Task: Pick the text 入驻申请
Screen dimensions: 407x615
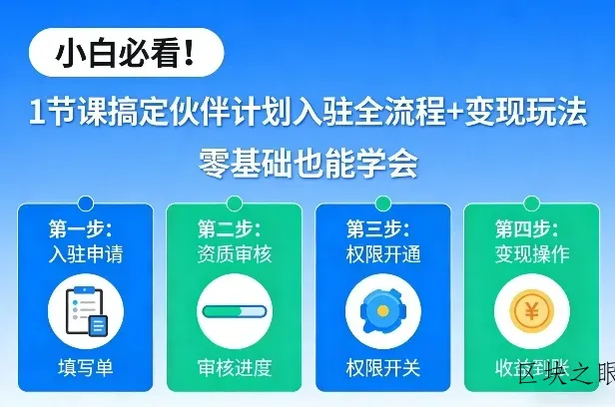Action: pyautogui.click(x=86, y=253)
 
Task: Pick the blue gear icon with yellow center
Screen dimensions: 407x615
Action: pyautogui.click(x=382, y=311)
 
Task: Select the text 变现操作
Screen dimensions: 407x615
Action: pyautogui.click(x=531, y=253)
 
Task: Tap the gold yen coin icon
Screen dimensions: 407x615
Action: pyautogui.click(x=531, y=311)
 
